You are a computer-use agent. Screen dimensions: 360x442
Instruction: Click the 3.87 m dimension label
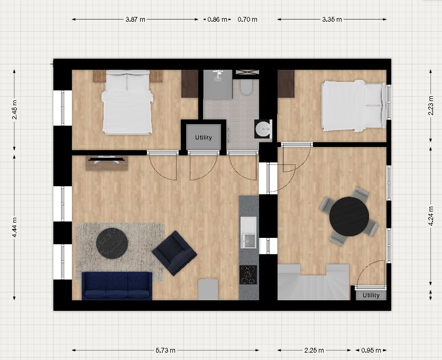coord(135,20)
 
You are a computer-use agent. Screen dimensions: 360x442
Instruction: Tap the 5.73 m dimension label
coord(165,350)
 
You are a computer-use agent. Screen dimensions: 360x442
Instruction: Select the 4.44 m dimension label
coord(15,227)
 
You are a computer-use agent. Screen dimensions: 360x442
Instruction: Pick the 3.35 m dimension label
coord(332,20)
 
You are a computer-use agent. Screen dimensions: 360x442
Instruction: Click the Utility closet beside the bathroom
coord(204,137)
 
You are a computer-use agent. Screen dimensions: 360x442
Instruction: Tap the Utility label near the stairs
coord(371,295)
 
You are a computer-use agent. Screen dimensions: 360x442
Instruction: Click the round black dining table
coord(349,216)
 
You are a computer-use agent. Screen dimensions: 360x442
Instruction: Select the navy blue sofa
coord(117,285)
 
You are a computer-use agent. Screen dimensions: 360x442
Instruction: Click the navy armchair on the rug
coord(174,253)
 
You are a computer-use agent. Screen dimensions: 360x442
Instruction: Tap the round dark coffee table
coord(112,243)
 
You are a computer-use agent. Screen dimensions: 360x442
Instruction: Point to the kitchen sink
coord(248,233)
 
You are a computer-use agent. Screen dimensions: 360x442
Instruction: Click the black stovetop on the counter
coord(248,274)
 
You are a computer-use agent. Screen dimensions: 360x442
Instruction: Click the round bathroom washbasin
coord(263,128)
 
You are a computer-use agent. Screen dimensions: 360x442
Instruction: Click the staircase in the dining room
coord(314,282)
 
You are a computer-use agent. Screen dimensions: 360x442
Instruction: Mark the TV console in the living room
coord(107,162)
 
